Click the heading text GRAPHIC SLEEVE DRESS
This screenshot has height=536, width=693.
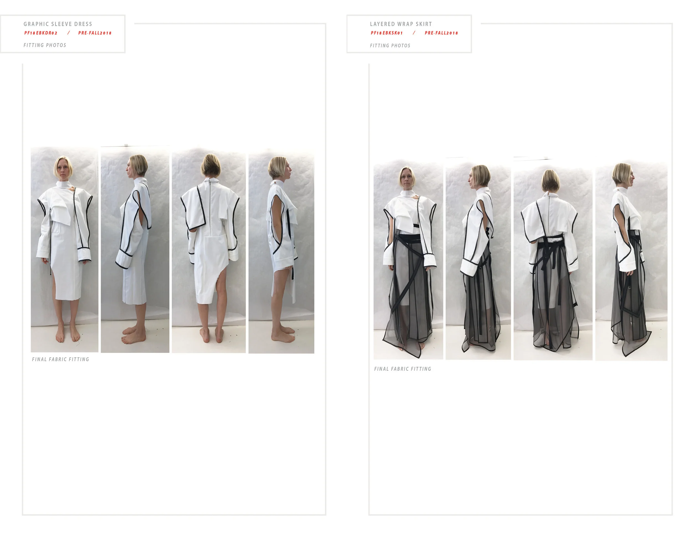tap(58, 24)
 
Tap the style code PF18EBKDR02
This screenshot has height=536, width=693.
tap(41, 33)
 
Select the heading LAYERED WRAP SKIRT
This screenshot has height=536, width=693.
tap(401, 24)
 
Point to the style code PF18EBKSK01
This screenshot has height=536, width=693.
tap(386, 33)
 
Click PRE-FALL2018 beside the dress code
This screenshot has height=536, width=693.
tap(95, 33)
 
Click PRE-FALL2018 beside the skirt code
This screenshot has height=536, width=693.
tap(441, 33)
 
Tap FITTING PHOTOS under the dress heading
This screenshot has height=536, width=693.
tap(45, 45)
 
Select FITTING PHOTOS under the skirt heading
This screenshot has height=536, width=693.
tap(390, 46)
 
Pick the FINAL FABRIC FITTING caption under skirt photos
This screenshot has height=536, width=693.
tap(402, 369)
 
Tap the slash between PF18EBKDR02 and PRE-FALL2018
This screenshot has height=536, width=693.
tap(68, 33)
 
